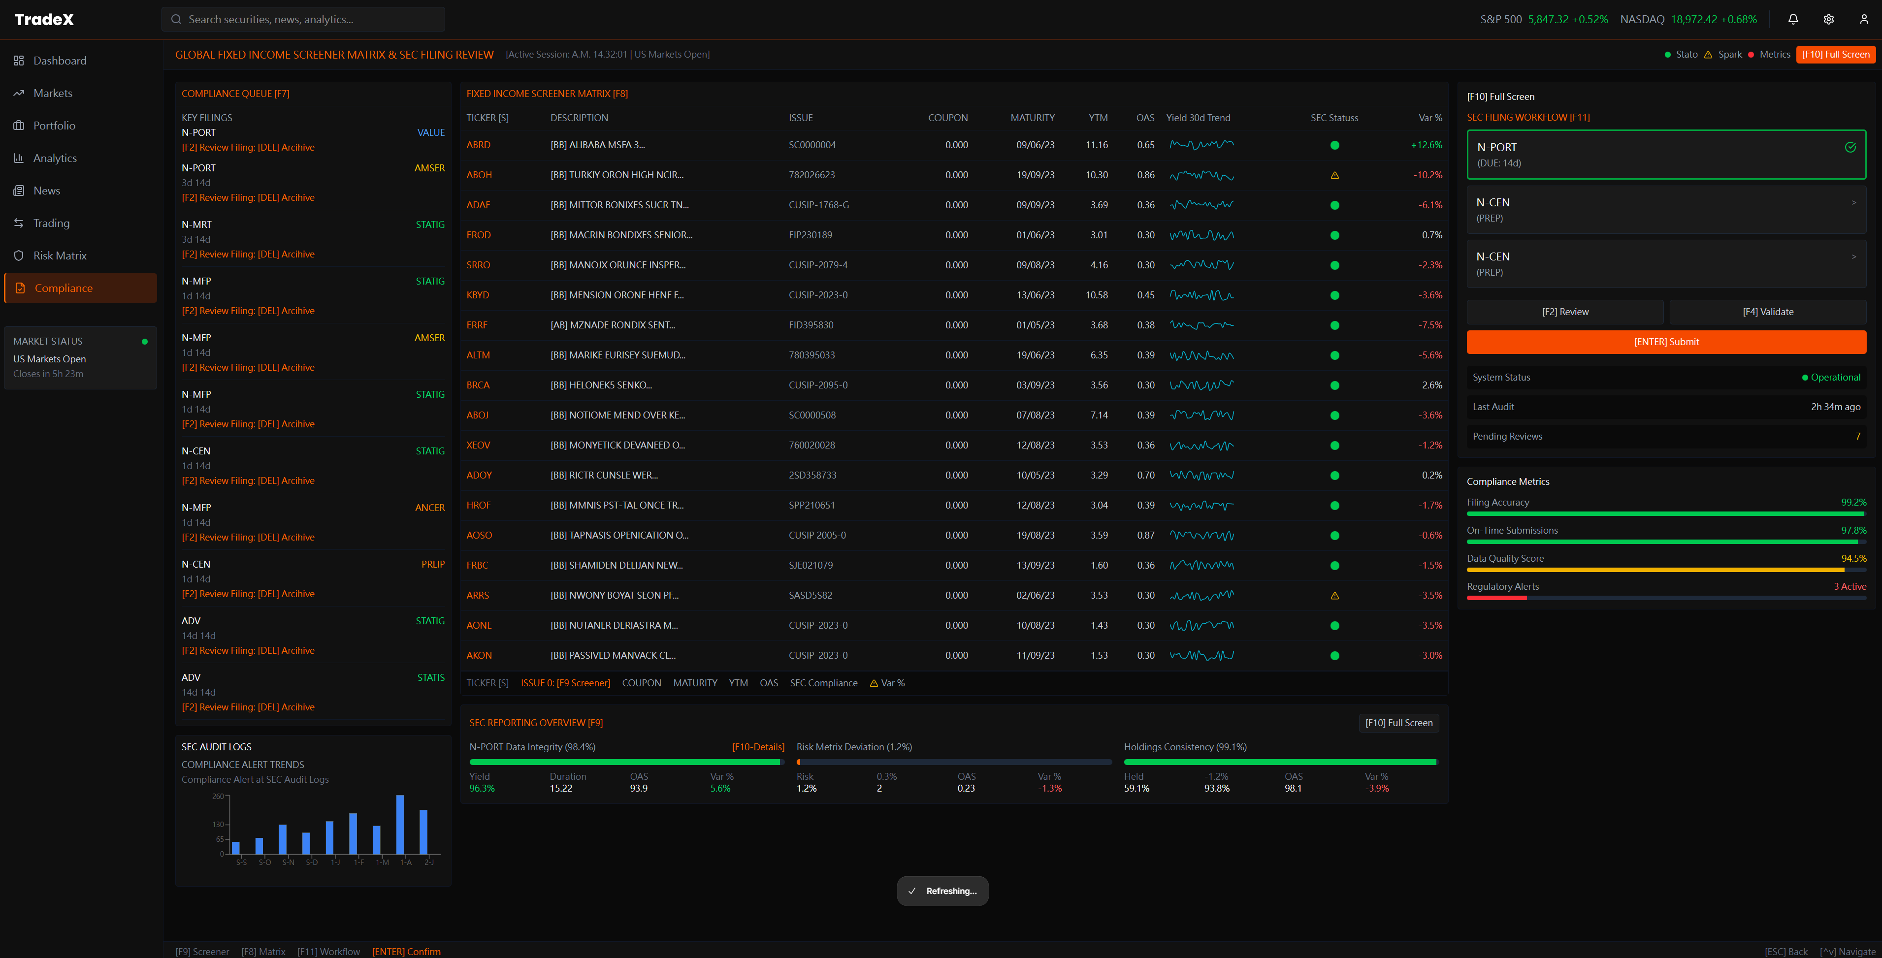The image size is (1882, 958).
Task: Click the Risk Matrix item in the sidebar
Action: (x=60, y=255)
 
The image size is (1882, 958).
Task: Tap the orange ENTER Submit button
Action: (x=1666, y=342)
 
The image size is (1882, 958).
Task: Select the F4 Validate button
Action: (x=1767, y=312)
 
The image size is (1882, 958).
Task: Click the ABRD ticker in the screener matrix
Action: (x=479, y=145)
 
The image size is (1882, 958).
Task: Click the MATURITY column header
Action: (x=1032, y=118)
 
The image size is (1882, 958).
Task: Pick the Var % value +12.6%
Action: (x=1426, y=145)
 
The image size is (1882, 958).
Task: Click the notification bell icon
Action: (x=1793, y=19)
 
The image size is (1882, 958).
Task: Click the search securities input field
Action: (x=303, y=19)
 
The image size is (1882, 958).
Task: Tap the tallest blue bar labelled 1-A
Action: (x=400, y=825)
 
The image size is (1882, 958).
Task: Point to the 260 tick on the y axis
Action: (x=218, y=796)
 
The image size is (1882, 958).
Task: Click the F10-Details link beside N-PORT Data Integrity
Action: (x=758, y=747)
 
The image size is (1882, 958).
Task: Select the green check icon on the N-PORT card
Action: (x=1850, y=148)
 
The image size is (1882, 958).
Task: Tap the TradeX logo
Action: (x=44, y=19)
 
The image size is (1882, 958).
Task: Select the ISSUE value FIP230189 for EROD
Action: (x=810, y=235)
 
